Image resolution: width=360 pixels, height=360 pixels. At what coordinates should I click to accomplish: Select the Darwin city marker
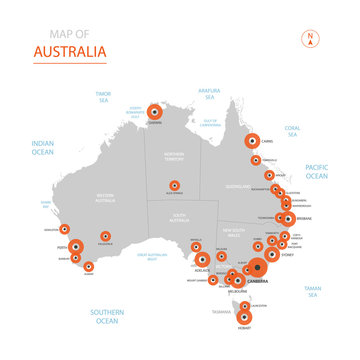tap(155, 112)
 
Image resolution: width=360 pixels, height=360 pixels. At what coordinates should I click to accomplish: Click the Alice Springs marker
tap(175, 185)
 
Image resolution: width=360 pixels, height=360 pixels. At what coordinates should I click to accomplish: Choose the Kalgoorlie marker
tap(105, 238)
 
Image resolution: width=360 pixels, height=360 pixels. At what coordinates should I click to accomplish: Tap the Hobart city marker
tap(247, 317)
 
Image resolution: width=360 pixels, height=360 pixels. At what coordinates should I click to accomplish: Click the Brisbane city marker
tap(288, 218)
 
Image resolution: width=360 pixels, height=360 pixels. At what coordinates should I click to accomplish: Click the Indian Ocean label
tap(42, 148)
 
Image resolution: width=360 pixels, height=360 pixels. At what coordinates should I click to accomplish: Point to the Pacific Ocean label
tap(316, 171)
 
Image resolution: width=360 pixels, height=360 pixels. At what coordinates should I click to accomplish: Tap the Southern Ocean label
tap(106, 317)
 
